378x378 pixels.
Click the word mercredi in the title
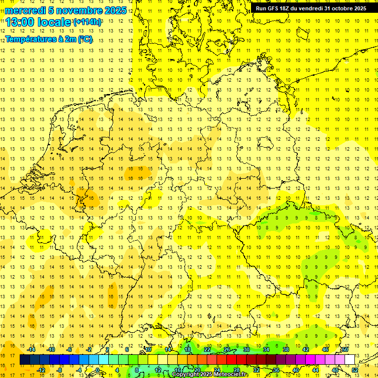[25, 10]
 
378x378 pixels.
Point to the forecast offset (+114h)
[88, 22]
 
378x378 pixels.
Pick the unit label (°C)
[84, 39]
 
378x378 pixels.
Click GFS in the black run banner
[273, 8]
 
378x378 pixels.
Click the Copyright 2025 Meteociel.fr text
[210, 375]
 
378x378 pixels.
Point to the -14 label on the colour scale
[32, 349]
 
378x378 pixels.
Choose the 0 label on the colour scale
[97, 370]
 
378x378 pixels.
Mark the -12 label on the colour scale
[42, 370]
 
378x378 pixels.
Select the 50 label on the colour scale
[345, 349]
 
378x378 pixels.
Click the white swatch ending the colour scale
[350, 360]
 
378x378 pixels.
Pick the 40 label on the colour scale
[296, 370]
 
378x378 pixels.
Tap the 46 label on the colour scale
[325, 349]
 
